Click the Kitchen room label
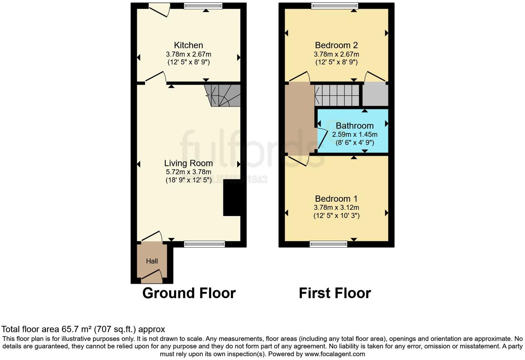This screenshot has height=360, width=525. click(188, 45)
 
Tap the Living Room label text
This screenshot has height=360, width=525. click(188, 163)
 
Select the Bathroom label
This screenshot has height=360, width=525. click(354, 126)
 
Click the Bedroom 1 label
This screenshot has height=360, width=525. click(336, 199)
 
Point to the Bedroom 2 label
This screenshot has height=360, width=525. click(336, 45)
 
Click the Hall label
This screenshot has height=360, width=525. click(152, 261)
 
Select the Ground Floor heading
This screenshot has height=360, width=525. click(189, 293)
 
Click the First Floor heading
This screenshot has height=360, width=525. click(335, 293)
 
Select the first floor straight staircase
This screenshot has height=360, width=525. click(337, 95)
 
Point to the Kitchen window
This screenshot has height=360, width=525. click(203, 6)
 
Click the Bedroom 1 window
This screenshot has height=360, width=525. click(328, 244)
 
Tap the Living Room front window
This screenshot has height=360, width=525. click(204, 244)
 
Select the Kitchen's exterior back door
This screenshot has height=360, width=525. click(159, 10)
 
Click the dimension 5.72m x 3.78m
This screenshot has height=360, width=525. click(188, 172)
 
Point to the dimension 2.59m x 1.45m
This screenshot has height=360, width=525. click(354, 134)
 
